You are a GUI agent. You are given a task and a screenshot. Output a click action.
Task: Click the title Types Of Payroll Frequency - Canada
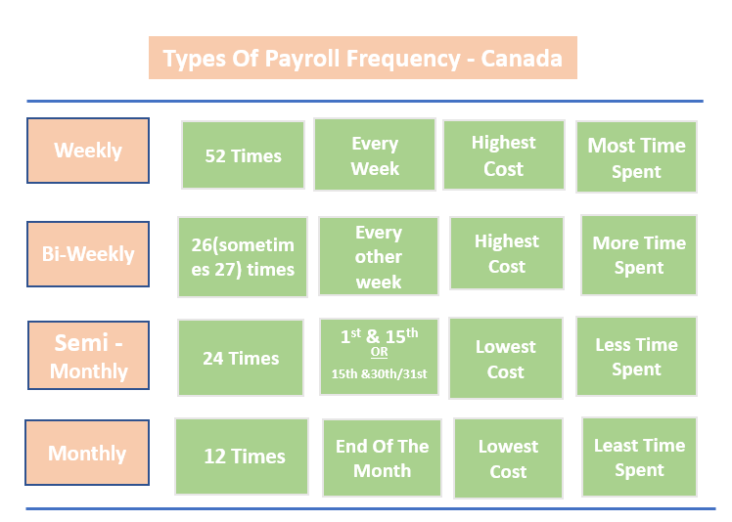coord(362,58)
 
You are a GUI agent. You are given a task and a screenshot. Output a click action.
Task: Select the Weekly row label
coord(88,151)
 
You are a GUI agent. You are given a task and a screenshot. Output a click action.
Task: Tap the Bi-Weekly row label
coord(88,254)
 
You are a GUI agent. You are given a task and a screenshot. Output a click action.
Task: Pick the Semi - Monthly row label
coord(88,357)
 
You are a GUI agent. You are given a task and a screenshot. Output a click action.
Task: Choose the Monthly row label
coord(87,454)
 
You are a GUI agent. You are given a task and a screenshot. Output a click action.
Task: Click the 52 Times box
coord(243,155)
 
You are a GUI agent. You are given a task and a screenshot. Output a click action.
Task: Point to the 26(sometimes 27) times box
coord(243,257)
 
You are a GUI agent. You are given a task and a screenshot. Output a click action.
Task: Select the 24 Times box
coord(241,358)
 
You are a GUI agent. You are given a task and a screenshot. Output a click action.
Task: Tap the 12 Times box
coord(244,457)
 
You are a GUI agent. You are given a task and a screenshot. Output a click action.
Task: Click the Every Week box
coord(375,155)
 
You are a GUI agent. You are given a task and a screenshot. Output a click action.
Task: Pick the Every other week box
coord(379,257)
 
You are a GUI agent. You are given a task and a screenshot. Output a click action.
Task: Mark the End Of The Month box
coord(382,457)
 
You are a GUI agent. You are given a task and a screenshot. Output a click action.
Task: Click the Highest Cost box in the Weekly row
coord(504,155)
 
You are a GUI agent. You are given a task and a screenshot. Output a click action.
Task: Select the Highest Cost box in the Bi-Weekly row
coord(507,253)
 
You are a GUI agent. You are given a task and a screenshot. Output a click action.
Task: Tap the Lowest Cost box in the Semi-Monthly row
coord(506,359)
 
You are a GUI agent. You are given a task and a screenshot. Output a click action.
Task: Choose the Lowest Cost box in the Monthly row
coord(508,458)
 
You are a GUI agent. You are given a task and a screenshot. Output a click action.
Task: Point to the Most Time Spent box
coord(636,157)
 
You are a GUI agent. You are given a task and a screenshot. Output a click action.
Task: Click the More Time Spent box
coord(639,255)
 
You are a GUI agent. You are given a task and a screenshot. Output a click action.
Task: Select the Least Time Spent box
coord(639,457)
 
